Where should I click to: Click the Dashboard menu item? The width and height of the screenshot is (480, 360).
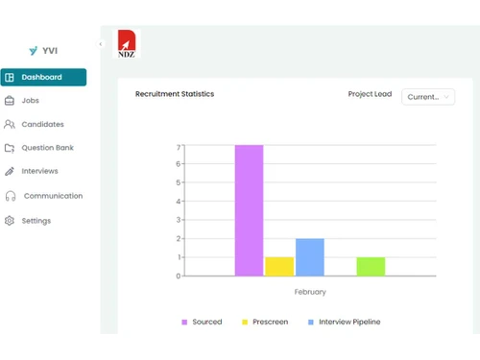click(x=42, y=77)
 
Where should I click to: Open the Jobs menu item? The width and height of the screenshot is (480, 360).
click(x=30, y=100)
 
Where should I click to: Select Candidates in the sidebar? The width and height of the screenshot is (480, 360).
click(x=42, y=124)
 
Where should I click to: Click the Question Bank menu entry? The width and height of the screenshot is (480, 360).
click(x=47, y=148)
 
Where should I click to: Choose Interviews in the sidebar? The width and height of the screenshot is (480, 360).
click(x=39, y=171)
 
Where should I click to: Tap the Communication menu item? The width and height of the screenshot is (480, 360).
click(x=53, y=196)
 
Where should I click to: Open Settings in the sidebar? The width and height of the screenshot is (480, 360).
click(x=36, y=221)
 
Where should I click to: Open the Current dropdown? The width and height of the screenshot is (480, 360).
click(x=428, y=96)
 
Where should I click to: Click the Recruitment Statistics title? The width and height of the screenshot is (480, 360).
click(x=175, y=94)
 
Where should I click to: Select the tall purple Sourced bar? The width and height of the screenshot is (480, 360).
click(x=249, y=210)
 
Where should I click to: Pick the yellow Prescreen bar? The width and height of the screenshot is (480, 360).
click(x=279, y=266)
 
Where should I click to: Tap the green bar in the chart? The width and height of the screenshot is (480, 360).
click(x=371, y=266)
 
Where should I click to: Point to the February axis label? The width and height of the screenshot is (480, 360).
click(x=310, y=292)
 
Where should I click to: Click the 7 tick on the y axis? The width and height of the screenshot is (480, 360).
click(x=179, y=147)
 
